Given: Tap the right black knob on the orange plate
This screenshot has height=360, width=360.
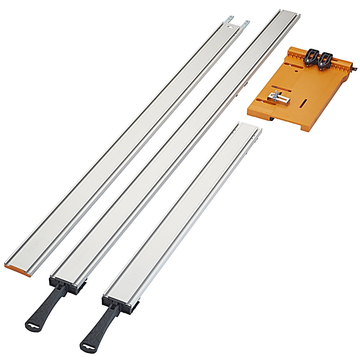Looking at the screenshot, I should pyautogui.click(x=326, y=59).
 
